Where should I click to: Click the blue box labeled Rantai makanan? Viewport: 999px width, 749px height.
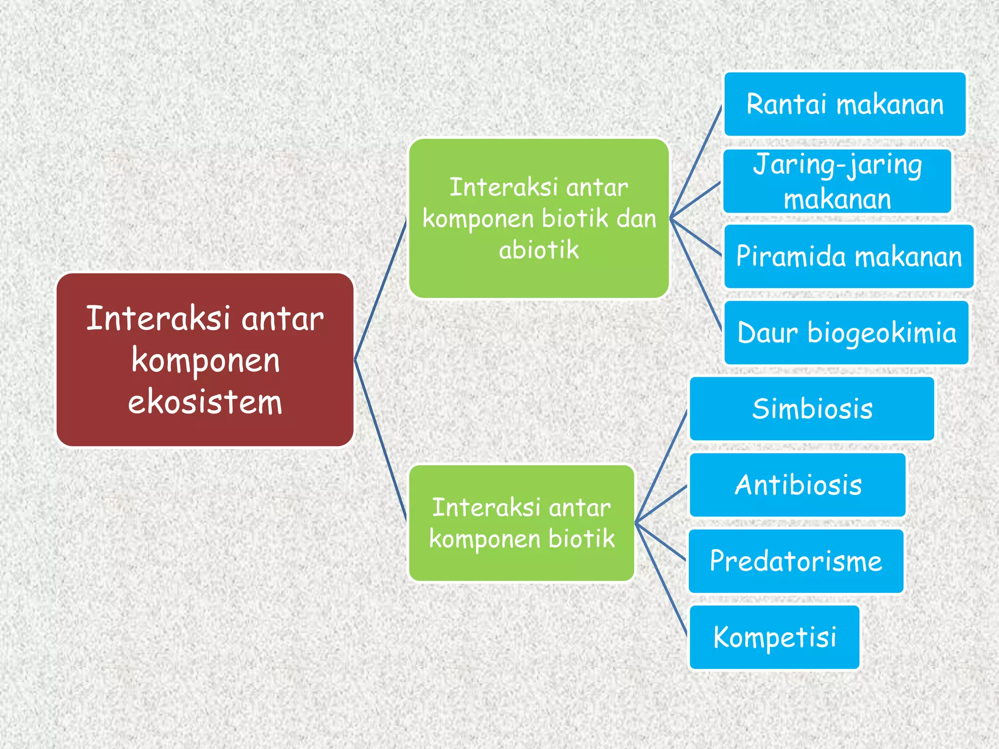click(x=844, y=104)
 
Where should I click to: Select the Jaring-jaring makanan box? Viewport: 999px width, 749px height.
click(x=837, y=181)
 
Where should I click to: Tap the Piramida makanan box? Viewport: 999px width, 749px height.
click(x=849, y=256)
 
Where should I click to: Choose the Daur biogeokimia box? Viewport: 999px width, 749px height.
click(x=846, y=333)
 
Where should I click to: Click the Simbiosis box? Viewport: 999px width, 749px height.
click(x=812, y=409)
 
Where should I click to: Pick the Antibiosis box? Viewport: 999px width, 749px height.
click(x=798, y=485)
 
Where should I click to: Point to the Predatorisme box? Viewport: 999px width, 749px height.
click(x=796, y=561)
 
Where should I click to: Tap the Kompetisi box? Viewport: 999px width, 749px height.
click(x=774, y=637)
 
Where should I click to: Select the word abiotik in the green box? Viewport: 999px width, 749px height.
click(x=539, y=250)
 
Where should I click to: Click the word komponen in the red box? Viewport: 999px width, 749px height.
click(x=205, y=360)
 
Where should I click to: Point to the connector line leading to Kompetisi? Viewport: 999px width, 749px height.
click(x=661, y=580)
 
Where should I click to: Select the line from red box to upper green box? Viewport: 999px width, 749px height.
click(x=380, y=291)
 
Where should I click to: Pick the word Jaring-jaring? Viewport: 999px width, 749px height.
click(x=837, y=165)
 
